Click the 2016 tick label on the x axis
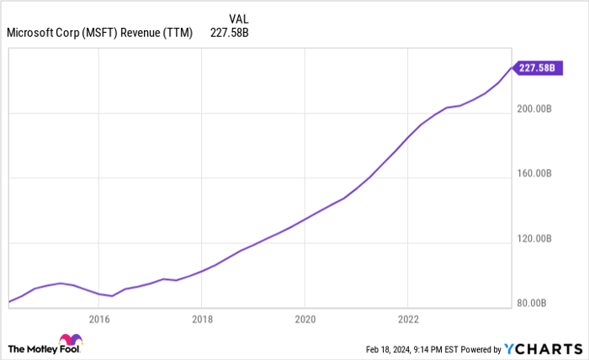tap(99, 319)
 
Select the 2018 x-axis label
tap(202, 319)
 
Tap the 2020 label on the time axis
tap(305, 319)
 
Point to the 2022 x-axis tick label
tap(407, 319)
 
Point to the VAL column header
tap(238, 18)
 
